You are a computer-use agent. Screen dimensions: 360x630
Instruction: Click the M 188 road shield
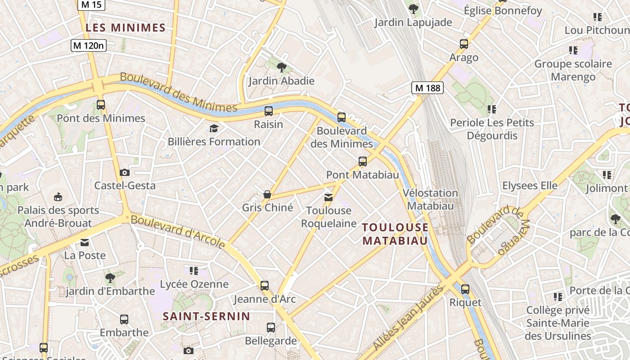pos(427,88)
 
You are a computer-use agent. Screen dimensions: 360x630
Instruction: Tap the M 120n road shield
pos(89,45)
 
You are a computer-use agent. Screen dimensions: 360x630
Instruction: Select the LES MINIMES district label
pos(126,28)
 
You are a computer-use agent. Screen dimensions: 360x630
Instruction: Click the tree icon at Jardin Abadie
pos(282,67)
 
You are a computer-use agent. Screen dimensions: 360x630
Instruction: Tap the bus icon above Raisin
pos(269,111)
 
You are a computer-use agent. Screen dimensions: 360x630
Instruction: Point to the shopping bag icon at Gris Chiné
pos(267,194)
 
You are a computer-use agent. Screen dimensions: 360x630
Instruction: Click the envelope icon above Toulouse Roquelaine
pos(328,197)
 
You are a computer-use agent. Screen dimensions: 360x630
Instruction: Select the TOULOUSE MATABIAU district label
pos(395,234)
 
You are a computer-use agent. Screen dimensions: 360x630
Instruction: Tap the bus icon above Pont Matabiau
pos(363,162)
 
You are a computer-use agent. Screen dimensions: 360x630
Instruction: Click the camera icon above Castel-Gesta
pos(125,172)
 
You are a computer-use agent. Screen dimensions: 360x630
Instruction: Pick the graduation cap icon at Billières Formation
pos(214,129)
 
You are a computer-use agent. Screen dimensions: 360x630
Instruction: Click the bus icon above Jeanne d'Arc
pos(265,285)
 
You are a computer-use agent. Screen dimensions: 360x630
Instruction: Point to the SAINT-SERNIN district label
pos(206,316)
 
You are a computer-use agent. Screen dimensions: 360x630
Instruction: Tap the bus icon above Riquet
pos(465,289)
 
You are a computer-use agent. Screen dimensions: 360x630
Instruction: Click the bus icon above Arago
pos(464,44)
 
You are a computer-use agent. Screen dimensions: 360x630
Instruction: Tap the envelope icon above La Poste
pos(85,243)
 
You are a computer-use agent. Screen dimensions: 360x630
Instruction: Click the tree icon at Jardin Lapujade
pos(413,9)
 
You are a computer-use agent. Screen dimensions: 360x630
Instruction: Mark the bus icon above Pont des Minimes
pos(101,105)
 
